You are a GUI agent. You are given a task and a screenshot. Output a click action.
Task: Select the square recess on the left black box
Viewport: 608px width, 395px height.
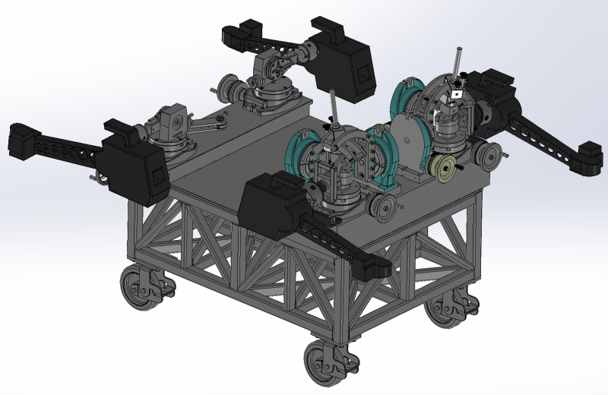(x=157, y=177)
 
